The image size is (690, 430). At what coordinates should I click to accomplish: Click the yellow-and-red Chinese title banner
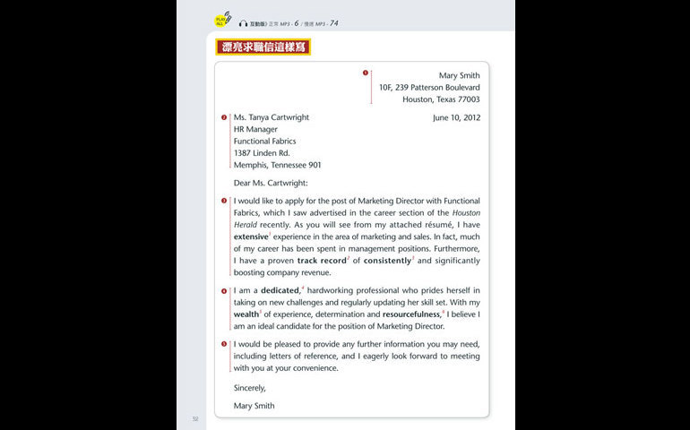(x=263, y=47)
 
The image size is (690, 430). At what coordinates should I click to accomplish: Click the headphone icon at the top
(x=243, y=23)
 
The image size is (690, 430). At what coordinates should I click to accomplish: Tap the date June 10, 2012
(x=456, y=117)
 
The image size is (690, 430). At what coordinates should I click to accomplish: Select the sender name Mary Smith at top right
(x=459, y=76)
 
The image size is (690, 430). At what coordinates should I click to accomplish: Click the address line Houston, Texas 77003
(x=441, y=99)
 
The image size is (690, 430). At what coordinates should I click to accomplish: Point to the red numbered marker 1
(x=365, y=73)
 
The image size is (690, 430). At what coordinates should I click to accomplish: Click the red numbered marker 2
(x=224, y=117)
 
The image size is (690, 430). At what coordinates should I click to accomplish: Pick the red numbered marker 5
(x=224, y=344)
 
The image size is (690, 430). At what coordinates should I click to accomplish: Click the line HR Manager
(x=255, y=129)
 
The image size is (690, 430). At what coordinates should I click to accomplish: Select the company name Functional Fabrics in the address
(x=264, y=141)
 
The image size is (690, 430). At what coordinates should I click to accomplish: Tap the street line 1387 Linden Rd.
(x=262, y=153)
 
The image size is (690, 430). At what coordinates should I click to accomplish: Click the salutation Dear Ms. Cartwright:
(x=270, y=183)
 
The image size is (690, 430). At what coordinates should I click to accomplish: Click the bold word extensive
(x=251, y=236)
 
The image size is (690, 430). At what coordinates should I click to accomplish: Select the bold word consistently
(x=387, y=261)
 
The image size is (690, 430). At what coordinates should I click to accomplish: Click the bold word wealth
(x=246, y=314)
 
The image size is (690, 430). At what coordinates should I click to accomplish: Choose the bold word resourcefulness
(x=411, y=314)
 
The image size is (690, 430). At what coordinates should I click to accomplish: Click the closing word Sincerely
(x=250, y=388)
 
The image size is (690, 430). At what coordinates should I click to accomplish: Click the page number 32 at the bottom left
(x=194, y=417)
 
